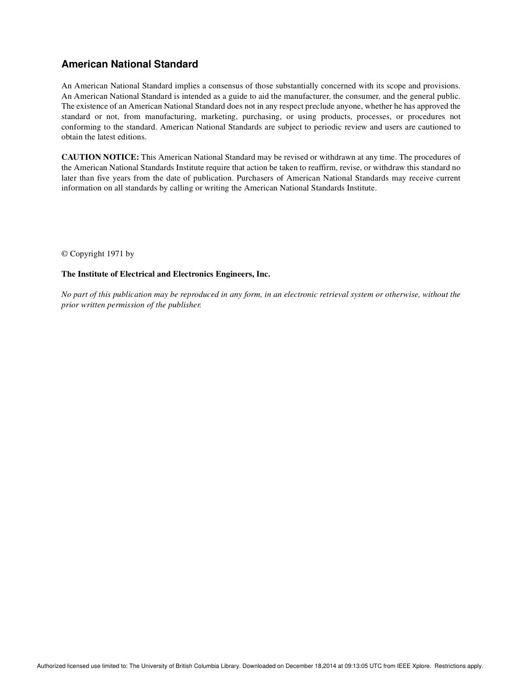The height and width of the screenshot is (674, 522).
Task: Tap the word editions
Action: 132,137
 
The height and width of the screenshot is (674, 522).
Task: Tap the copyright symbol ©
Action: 64,254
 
